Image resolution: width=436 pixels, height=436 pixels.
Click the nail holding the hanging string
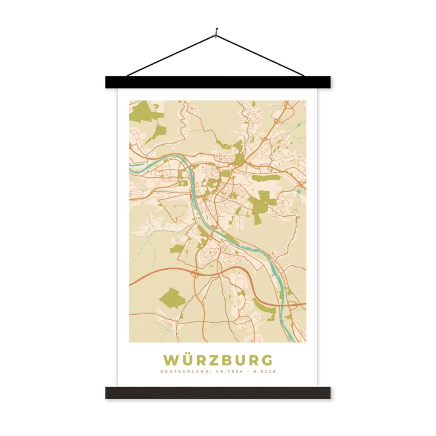(x=217, y=31)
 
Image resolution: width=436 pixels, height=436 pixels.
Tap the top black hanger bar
(x=218, y=82)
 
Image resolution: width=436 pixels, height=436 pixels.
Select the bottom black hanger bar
(x=218, y=393)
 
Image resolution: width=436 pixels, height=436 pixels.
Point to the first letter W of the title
(x=171, y=361)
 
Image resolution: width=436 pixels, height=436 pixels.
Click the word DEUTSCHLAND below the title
(x=184, y=372)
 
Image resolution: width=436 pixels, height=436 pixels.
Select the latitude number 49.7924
(x=227, y=372)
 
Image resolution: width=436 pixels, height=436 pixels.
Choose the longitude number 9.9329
(x=264, y=372)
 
